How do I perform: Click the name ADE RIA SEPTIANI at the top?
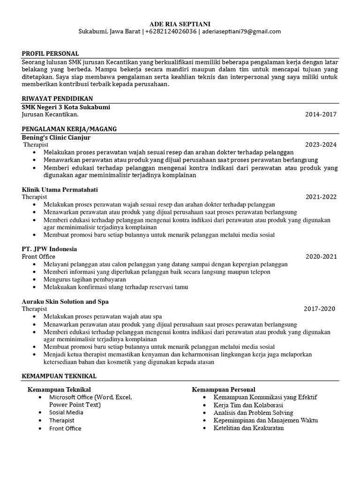[x=180, y=23]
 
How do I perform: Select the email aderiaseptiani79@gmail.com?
[x=241, y=32]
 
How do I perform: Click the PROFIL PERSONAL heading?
[x=50, y=54]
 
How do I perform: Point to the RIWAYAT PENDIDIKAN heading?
[x=57, y=99]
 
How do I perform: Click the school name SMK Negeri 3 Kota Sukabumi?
[x=66, y=107]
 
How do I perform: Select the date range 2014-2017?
[x=321, y=114]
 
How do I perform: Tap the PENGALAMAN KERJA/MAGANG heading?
[x=69, y=129]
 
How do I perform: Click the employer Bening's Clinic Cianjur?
[x=56, y=138]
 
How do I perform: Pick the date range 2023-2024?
[x=321, y=145]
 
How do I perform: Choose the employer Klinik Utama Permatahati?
[x=60, y=189]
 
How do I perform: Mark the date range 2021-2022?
[x=321, y=197]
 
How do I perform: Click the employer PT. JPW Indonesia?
[x=49, y=249]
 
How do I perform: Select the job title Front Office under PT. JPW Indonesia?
[x=38, y=256]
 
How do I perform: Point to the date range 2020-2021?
[x=321, y=256]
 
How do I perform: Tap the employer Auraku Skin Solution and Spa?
[x=65, y=301]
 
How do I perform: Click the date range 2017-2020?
[x=319, y=309]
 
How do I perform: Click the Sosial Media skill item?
[x=66, y=412]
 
